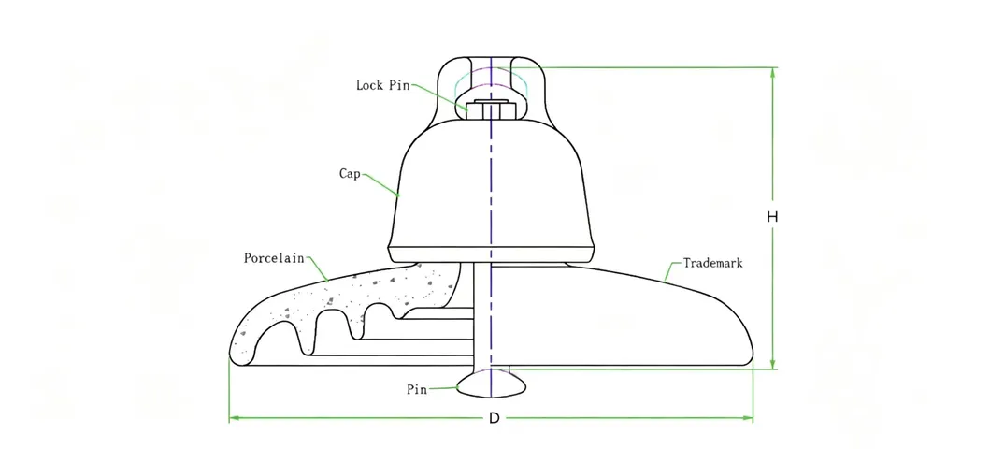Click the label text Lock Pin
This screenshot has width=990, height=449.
coord(382,85)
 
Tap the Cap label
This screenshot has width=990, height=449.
coord(349,174)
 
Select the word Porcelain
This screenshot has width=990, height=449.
coord(274,258)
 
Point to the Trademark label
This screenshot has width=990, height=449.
coord(713,263)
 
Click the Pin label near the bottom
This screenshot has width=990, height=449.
coord(417,390)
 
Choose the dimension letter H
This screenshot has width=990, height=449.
coord(772,217)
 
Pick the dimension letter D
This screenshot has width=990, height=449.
coord(494,419)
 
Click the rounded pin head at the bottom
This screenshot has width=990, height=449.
coord(491,383)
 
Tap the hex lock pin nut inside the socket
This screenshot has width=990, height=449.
coord(491,109)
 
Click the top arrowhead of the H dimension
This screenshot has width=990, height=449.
coord(772,72)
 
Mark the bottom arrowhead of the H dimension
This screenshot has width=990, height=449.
coord(772,365)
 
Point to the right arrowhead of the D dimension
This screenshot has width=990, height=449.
coord(748,418)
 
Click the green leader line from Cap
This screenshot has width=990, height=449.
coord(380,184)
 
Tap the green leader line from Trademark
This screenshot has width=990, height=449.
coord(674,270)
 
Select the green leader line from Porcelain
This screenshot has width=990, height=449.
coord(317,268)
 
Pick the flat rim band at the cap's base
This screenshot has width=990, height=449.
coord(491,253)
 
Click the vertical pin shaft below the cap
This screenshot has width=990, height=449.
coord(482,315)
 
